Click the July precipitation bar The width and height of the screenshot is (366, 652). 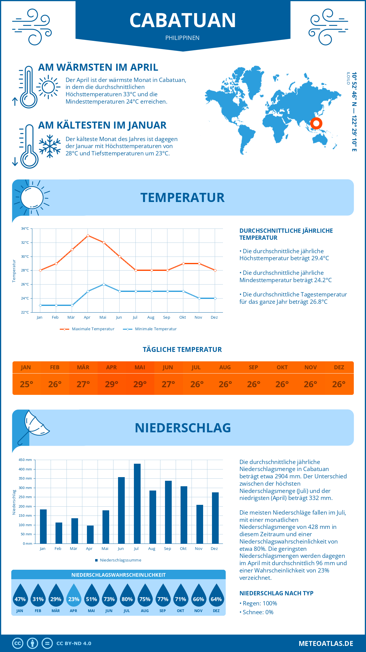pos(137,503)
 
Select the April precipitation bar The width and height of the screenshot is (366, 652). pos(90,534)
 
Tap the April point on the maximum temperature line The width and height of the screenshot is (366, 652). pos(88,236)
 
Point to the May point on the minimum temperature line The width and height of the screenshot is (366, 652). pos(104,284)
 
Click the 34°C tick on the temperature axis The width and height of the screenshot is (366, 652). pos(25,229)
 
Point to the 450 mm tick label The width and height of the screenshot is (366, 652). pos(25,460)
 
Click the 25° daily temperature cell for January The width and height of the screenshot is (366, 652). pos(26,384)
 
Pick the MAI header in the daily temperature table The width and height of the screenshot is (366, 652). pos(140,367)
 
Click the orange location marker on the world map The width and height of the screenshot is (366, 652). pos(316,123)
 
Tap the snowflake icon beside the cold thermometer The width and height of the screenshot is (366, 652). pos(50,146)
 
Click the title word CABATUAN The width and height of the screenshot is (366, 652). pos(183,20)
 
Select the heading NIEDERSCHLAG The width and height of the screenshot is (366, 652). pos(183,428)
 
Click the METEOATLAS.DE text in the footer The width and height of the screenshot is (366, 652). pos(326,643)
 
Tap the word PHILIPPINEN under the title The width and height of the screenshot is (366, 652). pos(182,38)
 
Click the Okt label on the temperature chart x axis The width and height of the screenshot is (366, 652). pos(182,317)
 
